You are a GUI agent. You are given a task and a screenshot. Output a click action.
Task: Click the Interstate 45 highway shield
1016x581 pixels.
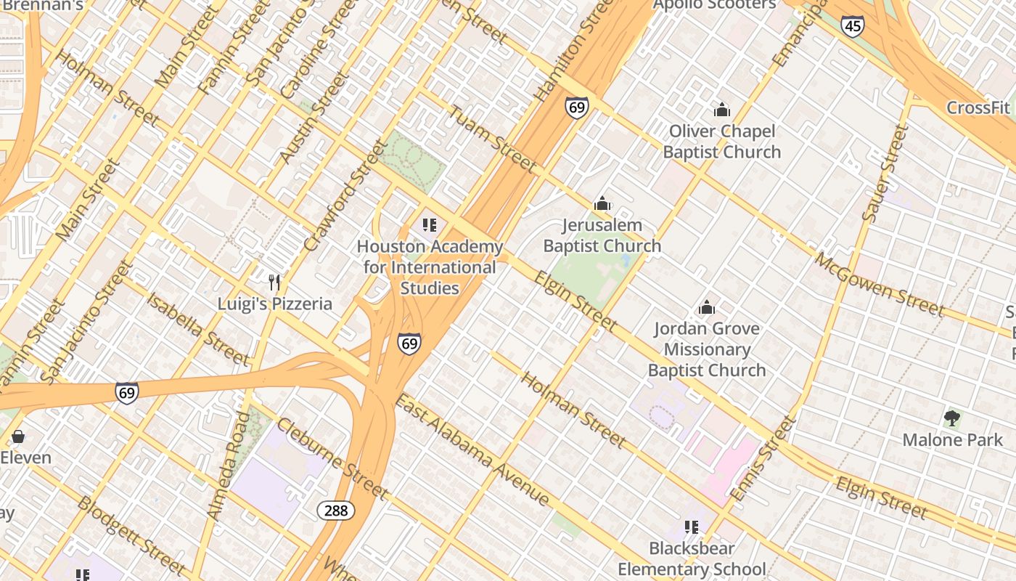(x=853, y=26)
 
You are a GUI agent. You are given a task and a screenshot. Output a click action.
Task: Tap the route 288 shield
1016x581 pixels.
(x=336, y=511)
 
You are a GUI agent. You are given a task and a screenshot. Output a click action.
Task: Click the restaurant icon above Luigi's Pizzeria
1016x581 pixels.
(x=274, y=283)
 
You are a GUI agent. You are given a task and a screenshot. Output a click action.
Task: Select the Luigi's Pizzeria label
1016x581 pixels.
(x=275, y=304)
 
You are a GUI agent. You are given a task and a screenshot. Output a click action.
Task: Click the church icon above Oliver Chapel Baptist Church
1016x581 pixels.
(x=721, y=110)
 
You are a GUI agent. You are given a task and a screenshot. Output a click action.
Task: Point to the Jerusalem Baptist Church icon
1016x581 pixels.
(x=602, y=204)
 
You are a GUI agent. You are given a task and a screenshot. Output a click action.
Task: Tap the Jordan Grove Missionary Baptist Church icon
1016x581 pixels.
(x=706, y=307)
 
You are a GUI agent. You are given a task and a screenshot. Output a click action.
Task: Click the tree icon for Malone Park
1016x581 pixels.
(x=952, y=418)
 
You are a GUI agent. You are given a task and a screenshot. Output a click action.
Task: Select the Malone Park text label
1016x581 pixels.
(x=952, y=439)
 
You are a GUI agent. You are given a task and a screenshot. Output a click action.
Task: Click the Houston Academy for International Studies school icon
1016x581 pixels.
(x=430, y=225)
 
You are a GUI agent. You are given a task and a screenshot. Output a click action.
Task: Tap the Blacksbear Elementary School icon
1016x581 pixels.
(x=691, y=527)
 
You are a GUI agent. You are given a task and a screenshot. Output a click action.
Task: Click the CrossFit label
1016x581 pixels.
(x=978, y=108)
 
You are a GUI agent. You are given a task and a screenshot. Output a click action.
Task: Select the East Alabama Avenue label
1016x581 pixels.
(x=472, y=450)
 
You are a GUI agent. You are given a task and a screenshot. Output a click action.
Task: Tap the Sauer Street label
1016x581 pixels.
(x=885, y=173)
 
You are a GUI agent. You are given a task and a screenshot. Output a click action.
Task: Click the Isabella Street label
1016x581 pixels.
(x=197, y=328)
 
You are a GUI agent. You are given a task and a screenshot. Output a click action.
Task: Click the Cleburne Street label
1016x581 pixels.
(x=332, y=459)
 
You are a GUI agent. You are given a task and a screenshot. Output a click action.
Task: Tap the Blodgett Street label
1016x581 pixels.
(x=131, y=535)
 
